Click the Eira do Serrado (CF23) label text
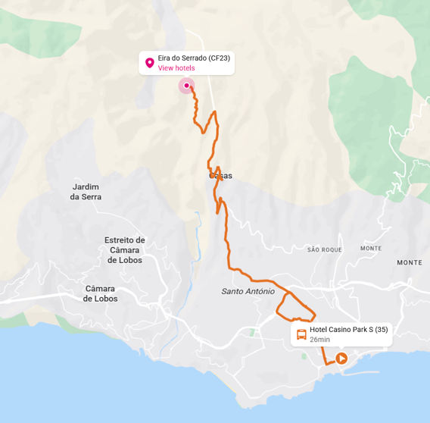[194, 58]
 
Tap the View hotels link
[176, 68]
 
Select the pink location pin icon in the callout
[149, 62]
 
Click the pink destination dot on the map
[186, 86]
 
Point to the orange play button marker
[341, 359]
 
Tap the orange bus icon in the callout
[301, 334]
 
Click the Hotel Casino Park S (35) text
[348, 330]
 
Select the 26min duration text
[319, 340]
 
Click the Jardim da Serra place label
[86, 192]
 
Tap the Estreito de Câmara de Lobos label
[125, 250]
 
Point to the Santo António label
[248, 291]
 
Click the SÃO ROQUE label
[325, 249]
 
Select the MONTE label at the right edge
[410, 262]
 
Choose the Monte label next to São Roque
[371, 249]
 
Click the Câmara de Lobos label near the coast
[100, 293]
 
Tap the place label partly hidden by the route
[221, 176]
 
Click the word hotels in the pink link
[184, 68]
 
